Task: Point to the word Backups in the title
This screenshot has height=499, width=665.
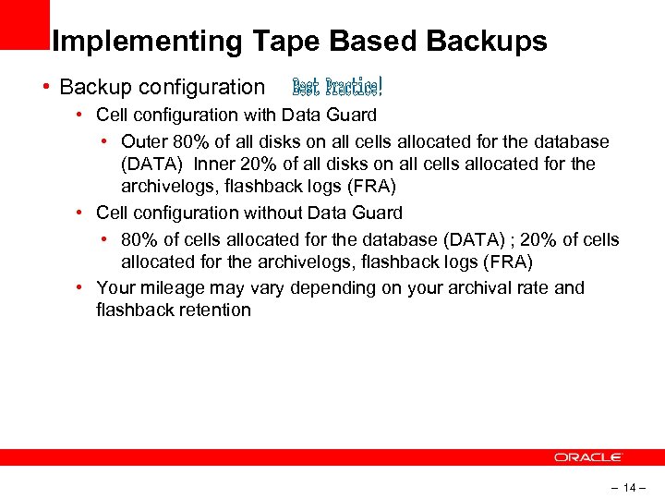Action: [x=487, y=42]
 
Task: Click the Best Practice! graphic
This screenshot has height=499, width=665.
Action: [x=337, y=87]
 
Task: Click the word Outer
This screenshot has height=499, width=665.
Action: [x=144, y=142]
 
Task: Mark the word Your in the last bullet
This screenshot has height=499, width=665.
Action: [x=115, y=287]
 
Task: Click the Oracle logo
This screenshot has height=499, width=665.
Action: [x=588, y=457]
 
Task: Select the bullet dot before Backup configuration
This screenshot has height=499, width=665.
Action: [x=45, y=87]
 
